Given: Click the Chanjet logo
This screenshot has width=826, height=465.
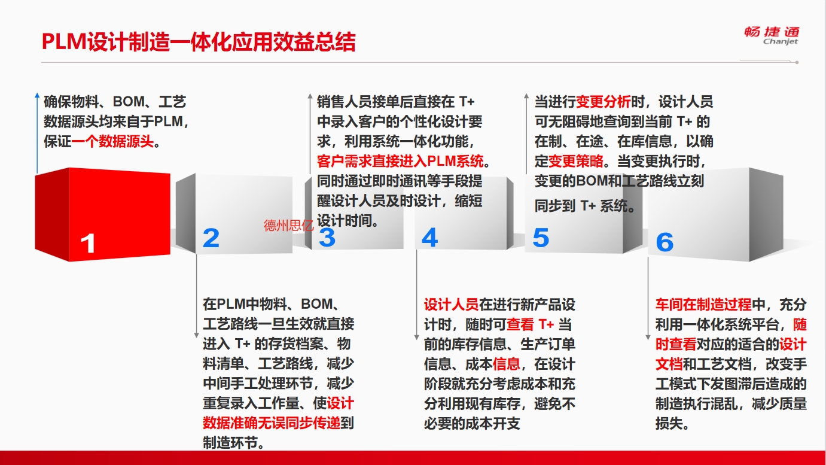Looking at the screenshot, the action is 772,36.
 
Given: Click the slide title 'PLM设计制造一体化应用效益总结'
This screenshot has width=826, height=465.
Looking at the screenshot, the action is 199,42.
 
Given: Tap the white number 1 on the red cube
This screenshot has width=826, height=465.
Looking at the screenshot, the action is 88,243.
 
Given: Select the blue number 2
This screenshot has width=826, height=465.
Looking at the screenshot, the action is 211,238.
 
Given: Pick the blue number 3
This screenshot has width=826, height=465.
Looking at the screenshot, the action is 327,238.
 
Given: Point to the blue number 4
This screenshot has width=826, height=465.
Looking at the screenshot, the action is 430,238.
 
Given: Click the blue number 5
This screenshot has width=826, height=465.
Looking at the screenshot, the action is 541,238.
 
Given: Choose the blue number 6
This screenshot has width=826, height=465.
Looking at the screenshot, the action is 665,242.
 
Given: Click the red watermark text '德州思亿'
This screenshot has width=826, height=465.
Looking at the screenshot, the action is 288,225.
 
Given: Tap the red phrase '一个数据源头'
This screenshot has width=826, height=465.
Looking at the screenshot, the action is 112,141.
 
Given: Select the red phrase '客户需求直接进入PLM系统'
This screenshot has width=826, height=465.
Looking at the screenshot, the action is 400,161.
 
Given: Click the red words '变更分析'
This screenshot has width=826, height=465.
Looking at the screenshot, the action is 604,102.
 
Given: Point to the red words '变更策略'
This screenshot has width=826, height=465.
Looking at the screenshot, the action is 576,161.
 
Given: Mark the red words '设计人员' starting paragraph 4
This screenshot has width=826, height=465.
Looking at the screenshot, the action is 452,305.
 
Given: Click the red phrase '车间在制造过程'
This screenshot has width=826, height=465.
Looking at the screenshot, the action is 703,305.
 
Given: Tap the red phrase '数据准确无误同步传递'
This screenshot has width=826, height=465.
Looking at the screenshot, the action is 272,423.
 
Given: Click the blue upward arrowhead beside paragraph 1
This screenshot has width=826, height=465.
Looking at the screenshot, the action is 37,95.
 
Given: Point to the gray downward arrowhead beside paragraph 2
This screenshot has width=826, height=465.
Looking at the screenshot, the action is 197,335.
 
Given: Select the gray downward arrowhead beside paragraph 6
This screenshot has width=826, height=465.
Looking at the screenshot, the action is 648,338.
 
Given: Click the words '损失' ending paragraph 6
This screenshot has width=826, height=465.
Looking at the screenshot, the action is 669,423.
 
